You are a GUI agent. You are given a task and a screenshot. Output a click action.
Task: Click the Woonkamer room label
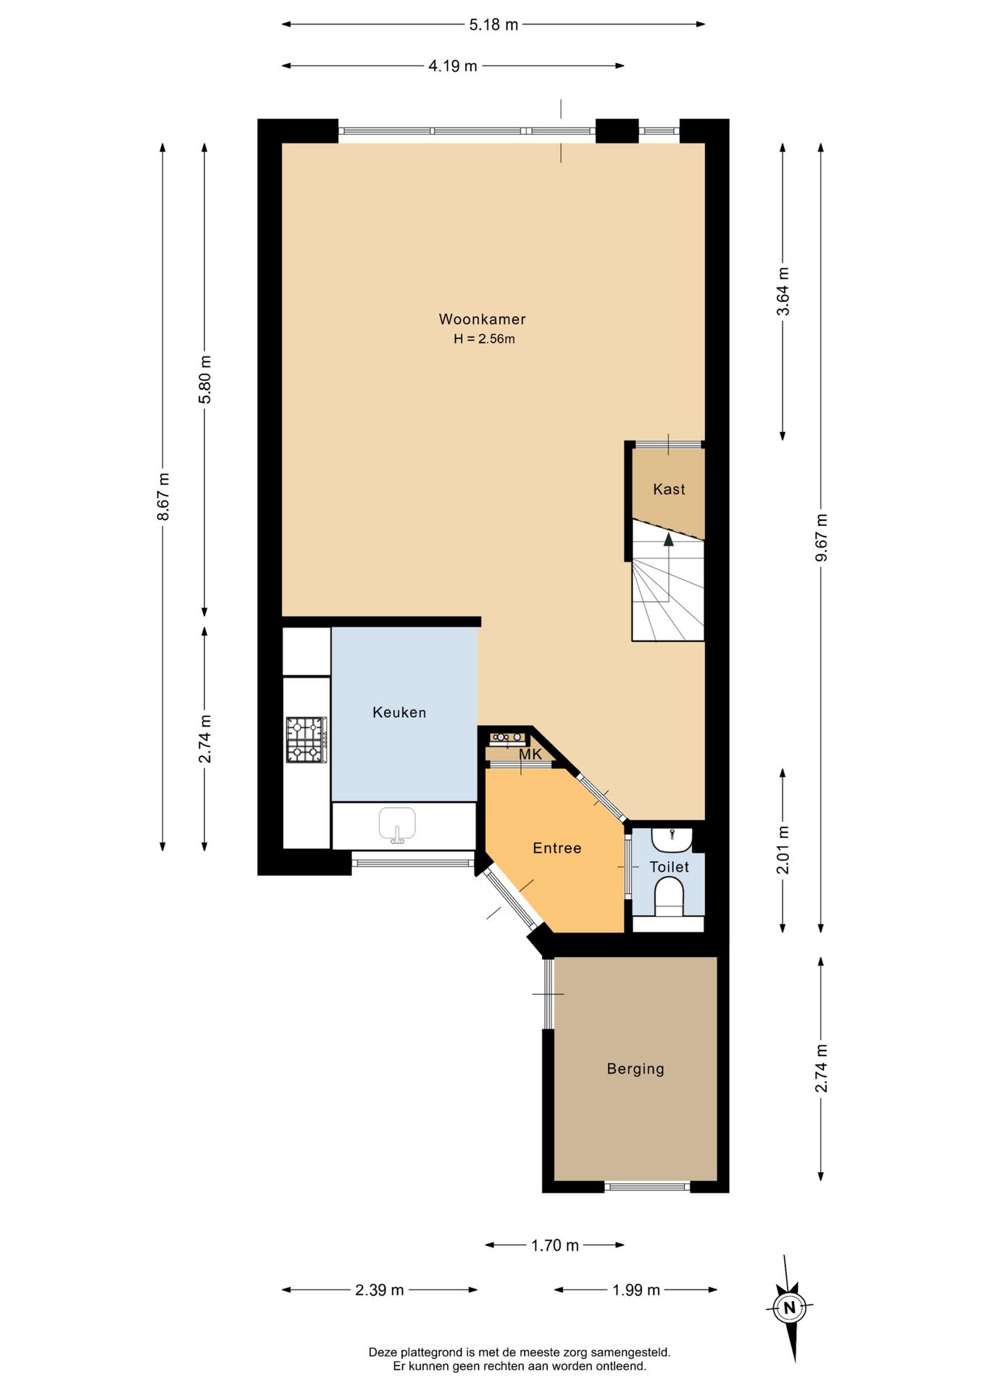click(482, 319)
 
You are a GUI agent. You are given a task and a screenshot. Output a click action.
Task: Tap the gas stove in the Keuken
click(307, 740)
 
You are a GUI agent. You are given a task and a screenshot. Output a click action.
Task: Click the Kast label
click(669, 489)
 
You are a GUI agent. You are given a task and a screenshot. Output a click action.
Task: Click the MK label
click(530, 754)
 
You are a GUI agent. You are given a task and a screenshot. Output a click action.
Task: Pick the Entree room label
click(556, 848)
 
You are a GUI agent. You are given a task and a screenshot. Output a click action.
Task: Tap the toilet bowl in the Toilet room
click(669, 897)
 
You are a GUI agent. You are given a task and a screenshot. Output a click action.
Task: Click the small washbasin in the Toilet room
click(672, 839)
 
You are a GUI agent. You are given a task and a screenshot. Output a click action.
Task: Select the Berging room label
click(635, 1069)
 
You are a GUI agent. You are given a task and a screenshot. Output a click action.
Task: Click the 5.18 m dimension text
click(493, 25)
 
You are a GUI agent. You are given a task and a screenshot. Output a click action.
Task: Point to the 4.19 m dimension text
click(453, 66)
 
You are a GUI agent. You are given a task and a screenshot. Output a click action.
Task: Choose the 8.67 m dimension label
click(163, 496)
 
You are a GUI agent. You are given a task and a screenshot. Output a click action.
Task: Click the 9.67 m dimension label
click(821, 538)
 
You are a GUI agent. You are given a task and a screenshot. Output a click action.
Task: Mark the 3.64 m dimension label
click(783, 291)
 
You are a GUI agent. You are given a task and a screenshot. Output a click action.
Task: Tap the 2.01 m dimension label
click(783, 850)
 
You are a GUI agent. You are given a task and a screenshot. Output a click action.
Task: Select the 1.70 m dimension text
click(555, 1245)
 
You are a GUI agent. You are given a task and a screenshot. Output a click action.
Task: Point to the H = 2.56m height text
click(484, 338)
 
